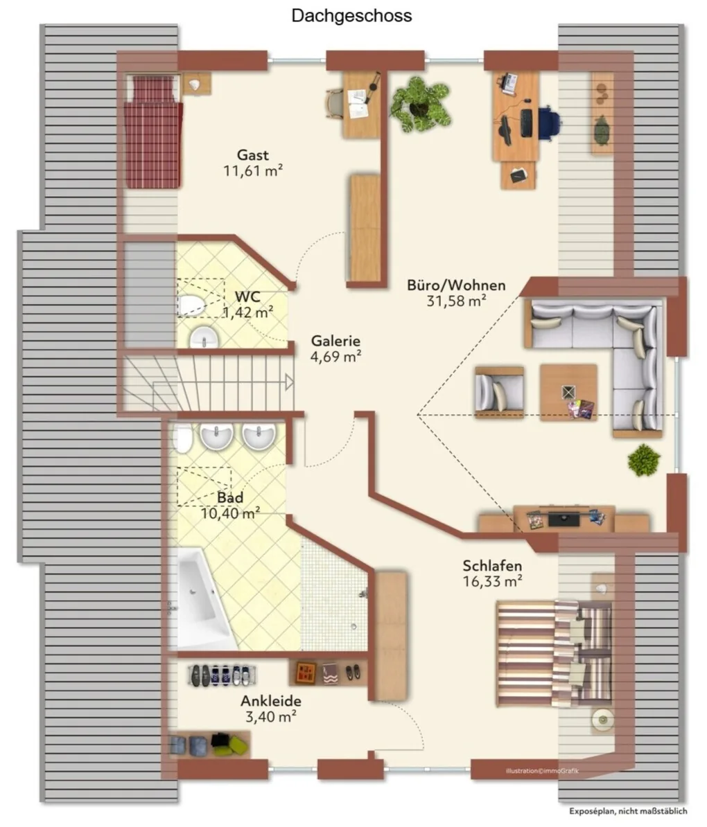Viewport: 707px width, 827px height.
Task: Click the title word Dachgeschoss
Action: pos(351,15)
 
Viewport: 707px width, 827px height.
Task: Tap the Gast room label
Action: pos(253,155)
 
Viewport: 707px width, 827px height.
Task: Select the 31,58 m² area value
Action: pos(456,301)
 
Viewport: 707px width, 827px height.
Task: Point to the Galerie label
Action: pos(335,341)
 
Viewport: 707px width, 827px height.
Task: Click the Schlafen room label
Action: pos(493,566)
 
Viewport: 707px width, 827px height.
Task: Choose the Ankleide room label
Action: pos(271,701)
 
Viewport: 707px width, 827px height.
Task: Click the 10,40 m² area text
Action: pos(230,513)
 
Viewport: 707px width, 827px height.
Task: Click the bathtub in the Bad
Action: pos(204,599)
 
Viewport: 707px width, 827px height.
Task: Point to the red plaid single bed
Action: pos(153,132)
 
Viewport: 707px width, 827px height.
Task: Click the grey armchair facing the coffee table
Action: pos(499,393)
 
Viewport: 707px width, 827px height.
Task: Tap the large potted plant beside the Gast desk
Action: pos(420,105)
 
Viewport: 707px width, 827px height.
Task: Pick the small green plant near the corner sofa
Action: pos(644,460)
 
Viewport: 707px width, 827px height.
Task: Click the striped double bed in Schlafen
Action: pos(555,653)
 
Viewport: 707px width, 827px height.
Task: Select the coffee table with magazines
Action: pos(568,393)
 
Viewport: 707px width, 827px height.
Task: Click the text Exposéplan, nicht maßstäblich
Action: pos(628,811)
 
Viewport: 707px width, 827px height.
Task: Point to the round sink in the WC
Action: pos(204,337)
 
